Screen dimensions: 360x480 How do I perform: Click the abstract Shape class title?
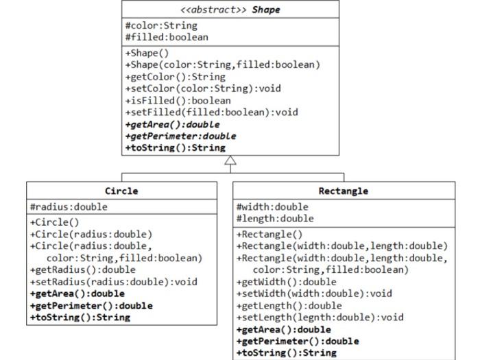click(x=230, y=10)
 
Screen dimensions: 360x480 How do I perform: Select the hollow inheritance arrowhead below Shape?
click(x=230, y=160)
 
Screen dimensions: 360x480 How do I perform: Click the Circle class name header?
click(x=121, y=191)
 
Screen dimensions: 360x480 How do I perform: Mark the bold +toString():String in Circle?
click(x=80, y=317)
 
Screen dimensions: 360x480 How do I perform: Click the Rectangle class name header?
click(x=343, y=191)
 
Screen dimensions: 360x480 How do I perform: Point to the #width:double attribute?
click(x=272, y=206)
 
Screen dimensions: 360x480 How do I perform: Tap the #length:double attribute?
click(x=275, y=219)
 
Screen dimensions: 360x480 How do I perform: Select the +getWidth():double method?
click(x=286, y=281)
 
